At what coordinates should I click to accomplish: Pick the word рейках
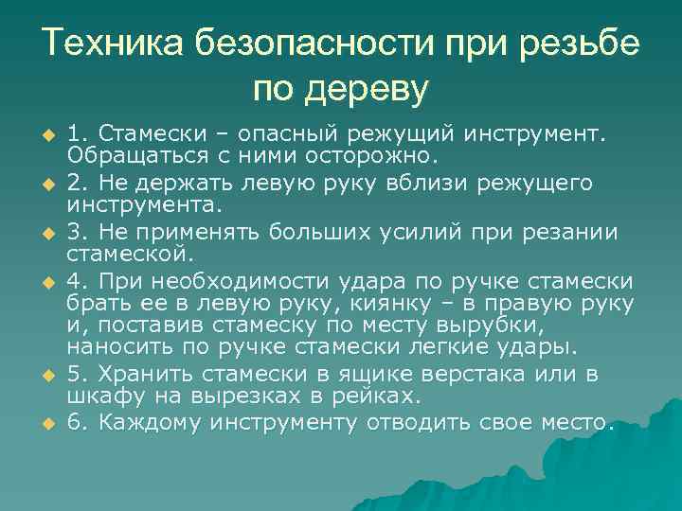[388, 396]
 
